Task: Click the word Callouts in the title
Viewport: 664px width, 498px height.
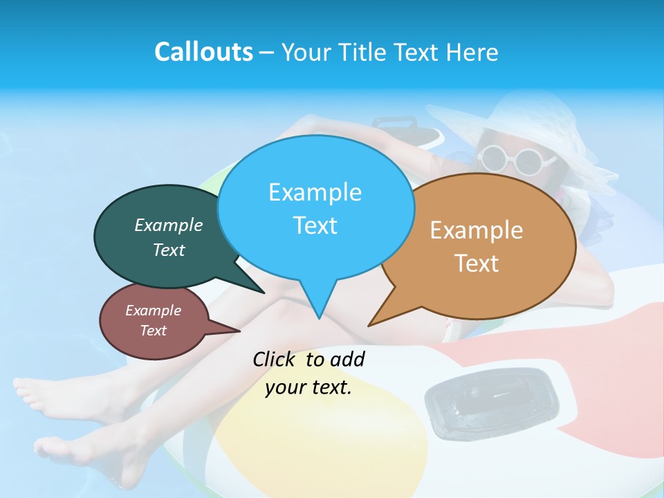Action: coord(204,53)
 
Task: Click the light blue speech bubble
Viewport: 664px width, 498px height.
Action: coord(315,207)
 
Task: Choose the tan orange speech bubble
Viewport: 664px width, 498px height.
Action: coord(484,246)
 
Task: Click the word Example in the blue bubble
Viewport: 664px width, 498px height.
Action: coord(315,192)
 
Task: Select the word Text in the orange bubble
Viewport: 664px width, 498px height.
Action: coord(477,264)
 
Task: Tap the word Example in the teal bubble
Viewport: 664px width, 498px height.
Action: coord(169,225)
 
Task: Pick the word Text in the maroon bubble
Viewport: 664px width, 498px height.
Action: coord(154,331)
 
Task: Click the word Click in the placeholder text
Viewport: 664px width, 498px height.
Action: coord(276,359)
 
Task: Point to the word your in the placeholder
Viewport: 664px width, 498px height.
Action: coord(284,387)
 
